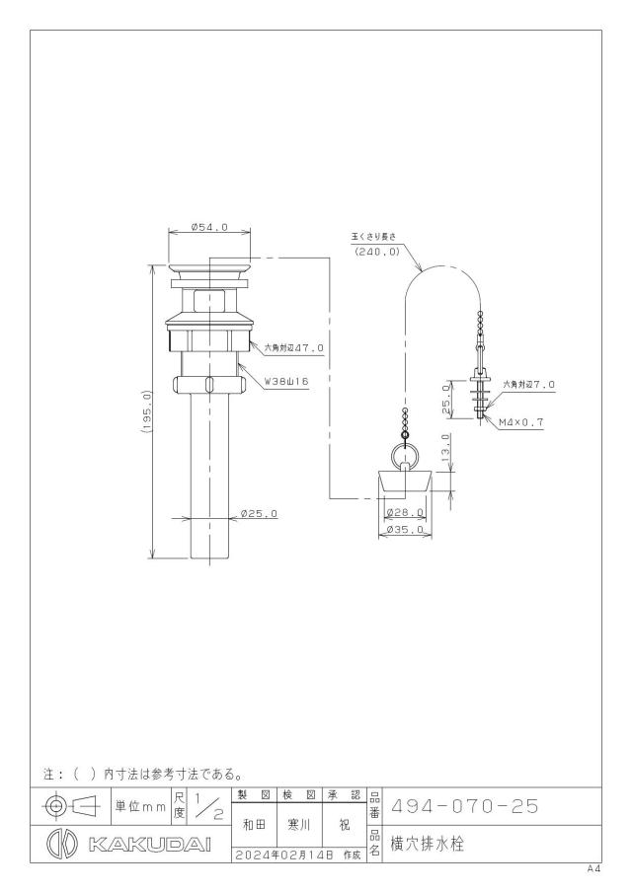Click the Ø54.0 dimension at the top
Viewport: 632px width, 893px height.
pos(209,227)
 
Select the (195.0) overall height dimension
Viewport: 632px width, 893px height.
pos(146,412)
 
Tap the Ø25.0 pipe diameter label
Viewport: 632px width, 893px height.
pos(260,514)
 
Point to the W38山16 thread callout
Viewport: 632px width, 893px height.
pos(286,382)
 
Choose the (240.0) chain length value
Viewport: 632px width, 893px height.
pos(376,252)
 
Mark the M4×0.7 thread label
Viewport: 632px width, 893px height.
pos(521,422)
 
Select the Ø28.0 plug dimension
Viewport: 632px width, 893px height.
pos(405,512)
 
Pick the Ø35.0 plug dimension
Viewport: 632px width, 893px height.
pos(405,530)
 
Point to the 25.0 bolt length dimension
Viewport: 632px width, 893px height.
pos(446,399)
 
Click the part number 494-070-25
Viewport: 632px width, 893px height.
pos(464,806)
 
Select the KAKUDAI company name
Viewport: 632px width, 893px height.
pos(150,844)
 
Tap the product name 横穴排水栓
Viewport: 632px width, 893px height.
pos(427,844)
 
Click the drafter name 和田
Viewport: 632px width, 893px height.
pos(254,825)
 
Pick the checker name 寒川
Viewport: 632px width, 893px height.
pos(299,825)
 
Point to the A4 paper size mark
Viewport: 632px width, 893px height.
pos(594,869)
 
